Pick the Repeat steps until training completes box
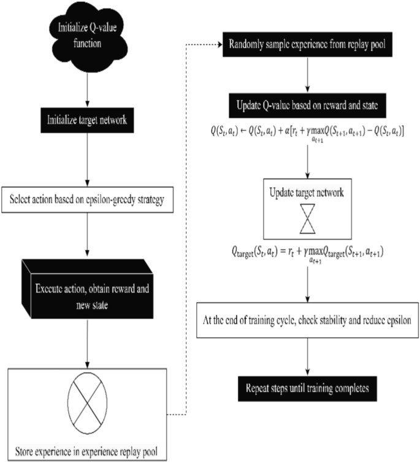point(305,389)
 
